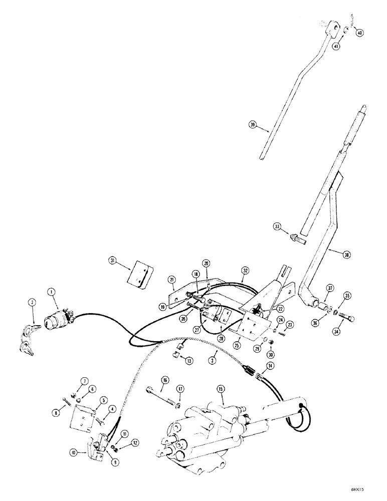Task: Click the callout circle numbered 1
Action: pyautogui.click(x=50, y=292)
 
